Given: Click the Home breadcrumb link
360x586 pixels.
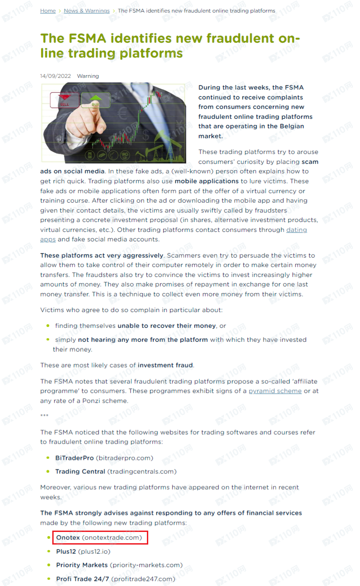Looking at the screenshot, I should click(x=48, y=10).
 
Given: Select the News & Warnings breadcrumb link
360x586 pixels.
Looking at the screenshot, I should click(x=87, y=10).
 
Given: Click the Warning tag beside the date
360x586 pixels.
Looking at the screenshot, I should click(x=88, y=76).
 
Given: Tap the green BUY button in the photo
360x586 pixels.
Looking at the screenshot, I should click(x=95, y=100).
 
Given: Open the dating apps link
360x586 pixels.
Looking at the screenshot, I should click(x=296, y=230).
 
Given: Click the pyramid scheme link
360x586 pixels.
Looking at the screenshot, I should click(x=275, y=391).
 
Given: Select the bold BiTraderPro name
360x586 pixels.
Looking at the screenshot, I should click(x=74, y=458).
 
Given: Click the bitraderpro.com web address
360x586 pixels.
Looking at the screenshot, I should click(x=124, y=458).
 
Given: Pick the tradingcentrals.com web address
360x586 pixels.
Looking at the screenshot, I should click(x=141, y=472).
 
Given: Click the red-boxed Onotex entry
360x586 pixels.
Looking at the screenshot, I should click(x=100, y=537).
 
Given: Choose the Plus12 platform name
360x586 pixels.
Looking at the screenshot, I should click(x=66, y=551).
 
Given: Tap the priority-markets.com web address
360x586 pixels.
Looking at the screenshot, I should click(x=146, y=565).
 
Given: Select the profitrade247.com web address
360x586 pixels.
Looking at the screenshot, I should click(x=143, y=579).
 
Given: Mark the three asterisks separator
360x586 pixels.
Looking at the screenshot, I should click(x=44, y=416).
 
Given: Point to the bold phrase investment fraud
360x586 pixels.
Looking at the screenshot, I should click(x=166, y=365).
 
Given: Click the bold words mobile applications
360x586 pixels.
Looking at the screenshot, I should click(x=206, y=181).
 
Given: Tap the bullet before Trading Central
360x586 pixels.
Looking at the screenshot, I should click(x=48, y=472).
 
